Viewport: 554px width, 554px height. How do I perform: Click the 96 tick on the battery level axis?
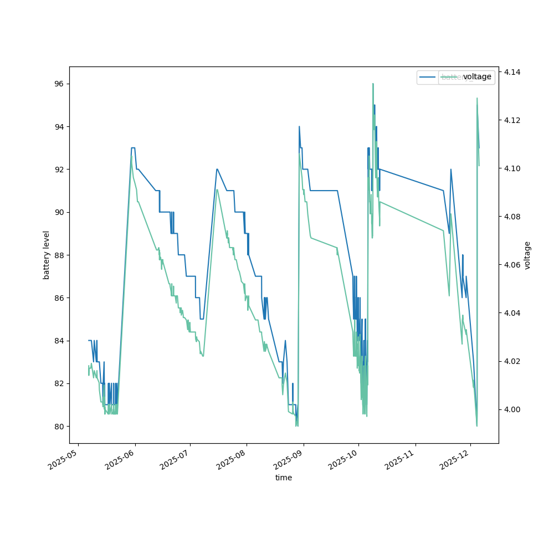tap(59, 84)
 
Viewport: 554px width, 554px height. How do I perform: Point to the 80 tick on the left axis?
tap(59, 426)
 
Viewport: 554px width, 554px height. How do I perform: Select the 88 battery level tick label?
tap(59, 255)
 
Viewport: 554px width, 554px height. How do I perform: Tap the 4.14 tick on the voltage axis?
tap(511, 72)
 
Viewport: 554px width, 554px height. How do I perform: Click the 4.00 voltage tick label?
tap(511, 409)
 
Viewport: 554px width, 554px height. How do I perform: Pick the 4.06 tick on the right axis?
tap(511, 265)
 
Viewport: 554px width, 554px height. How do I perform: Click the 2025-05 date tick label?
tap(63, 459)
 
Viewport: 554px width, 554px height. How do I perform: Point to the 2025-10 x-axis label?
tap(343, 459)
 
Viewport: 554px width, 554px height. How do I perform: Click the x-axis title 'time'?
tap(284, 478)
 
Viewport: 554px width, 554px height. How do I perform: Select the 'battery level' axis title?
tap(47, 255)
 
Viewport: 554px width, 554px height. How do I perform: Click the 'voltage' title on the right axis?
tap(527, 255)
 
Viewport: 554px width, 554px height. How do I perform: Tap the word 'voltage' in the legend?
tap(477, 77)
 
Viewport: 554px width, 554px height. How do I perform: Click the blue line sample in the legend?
tap(428, 77)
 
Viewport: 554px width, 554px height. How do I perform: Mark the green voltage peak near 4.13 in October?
tap(373, 84)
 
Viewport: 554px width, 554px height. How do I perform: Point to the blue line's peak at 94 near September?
tap(299, 126)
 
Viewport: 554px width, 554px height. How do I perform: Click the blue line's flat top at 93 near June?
tap(133, 148)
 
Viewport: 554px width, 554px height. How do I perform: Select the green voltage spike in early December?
tap(477, 99)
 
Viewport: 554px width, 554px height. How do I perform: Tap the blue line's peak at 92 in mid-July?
tap(217, 169)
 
